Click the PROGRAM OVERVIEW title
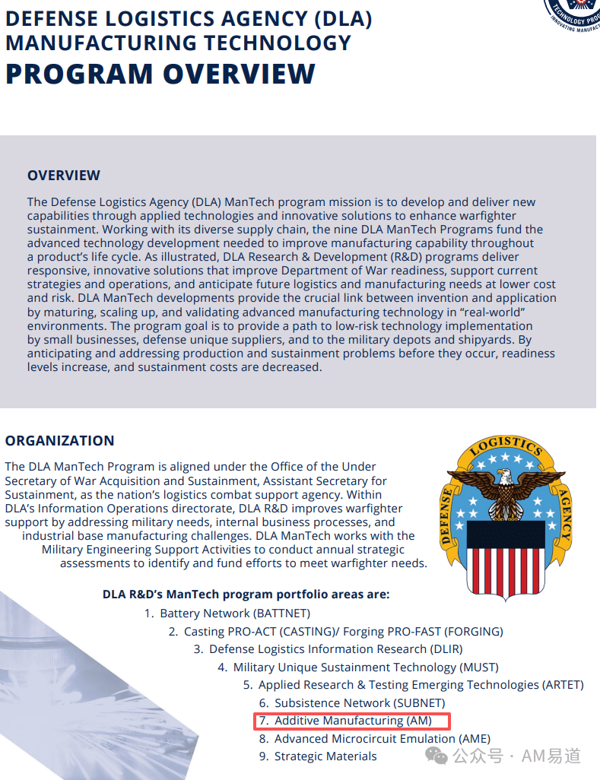click(160, 74)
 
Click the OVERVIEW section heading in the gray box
click(64, 176)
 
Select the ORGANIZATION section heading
click(59, 441)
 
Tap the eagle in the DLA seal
click(506, 487)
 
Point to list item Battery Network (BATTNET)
click(235, 614)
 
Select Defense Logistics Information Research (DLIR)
click(335, 649)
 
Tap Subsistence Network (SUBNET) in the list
click(360, 703)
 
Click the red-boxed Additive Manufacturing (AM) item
click(353, 721)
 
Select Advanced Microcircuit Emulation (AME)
click(382, 739)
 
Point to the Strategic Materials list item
click(325, 756)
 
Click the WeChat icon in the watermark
click(437, 755)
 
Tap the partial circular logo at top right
click(572, 14)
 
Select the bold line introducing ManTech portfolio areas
click(246, 595)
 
